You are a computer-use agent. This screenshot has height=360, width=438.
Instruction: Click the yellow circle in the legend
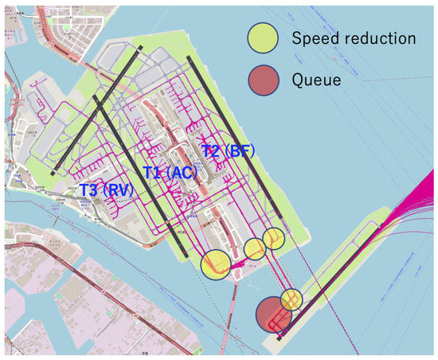click(x=262, y=37)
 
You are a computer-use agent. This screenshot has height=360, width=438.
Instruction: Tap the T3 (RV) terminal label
click(x=106, y=190)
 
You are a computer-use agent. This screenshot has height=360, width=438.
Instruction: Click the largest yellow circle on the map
click(x=216, y=264)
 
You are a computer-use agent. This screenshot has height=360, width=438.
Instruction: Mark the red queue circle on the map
click(x=272, y=314)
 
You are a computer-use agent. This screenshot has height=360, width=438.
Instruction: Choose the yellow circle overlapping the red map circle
click(x=291, y=299)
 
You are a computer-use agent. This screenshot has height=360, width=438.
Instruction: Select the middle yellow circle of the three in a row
click(x=255, y=249)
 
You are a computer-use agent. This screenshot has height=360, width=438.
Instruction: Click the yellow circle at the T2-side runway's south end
click(x=273, y=237)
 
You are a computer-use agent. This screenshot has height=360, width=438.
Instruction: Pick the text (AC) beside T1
click(x=183, y=172)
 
